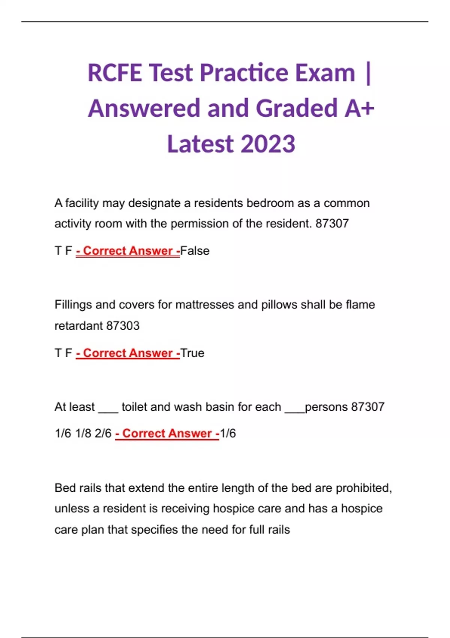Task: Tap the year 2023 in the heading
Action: [x=268, y=144]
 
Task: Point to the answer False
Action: [x=195, y=251]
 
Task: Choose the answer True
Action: [x=192, y=353]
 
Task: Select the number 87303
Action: [x=123, y=325]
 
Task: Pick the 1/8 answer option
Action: [x=83, y=433]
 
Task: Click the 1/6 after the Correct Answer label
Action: [x=228, y=433]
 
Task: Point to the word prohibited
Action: [x=363, y=488]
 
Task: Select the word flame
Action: [x=360, y=304]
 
